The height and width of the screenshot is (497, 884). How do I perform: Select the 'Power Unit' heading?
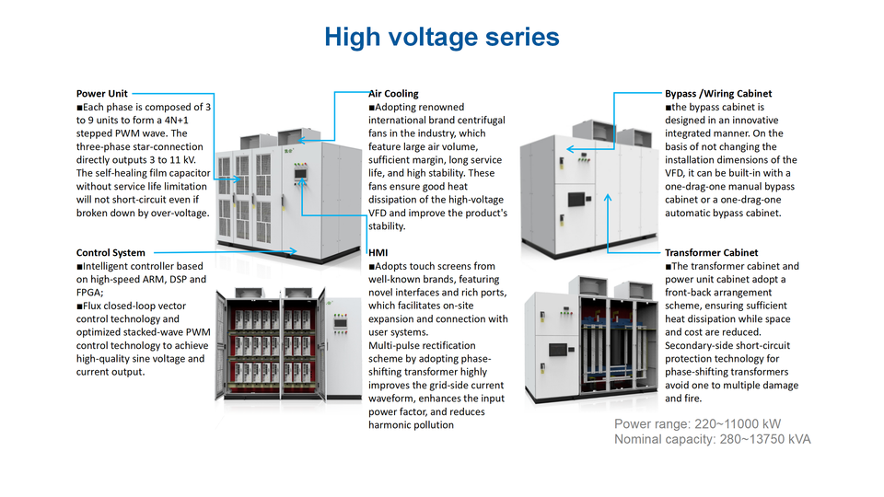[101, 93]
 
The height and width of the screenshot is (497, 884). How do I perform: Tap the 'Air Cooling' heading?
[393, 93]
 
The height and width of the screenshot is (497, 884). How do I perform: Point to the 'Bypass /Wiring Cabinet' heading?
[718, 93]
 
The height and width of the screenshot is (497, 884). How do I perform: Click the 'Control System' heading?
[110, 252]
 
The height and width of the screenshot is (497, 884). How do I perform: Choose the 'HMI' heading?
[378, 252]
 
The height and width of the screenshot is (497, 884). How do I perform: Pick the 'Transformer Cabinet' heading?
[711, 252]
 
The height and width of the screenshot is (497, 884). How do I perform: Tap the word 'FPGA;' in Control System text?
[92, 292]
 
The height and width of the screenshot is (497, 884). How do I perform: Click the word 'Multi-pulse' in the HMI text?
[394, 345]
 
